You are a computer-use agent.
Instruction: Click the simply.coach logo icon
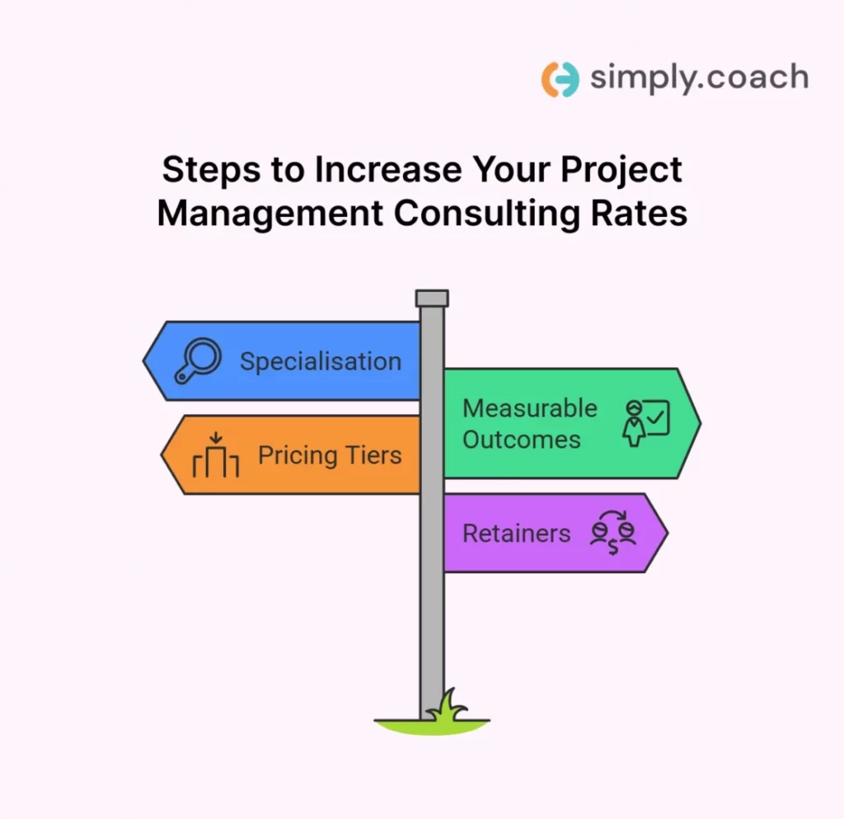tap(560, 78)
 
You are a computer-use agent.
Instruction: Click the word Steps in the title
tap(208, 170)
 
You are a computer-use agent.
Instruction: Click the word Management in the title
tap(270, 213)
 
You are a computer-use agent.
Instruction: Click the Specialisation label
tap(321, 361)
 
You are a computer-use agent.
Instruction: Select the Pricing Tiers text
tap(330, 455)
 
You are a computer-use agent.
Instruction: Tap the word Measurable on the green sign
tap(530, 408)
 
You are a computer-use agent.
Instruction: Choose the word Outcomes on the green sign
tap(522, 439)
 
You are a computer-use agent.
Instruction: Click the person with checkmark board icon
tap(647, 422)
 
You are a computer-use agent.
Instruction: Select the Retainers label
tap(517, 534)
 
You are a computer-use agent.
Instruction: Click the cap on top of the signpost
tap(432, 298)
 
